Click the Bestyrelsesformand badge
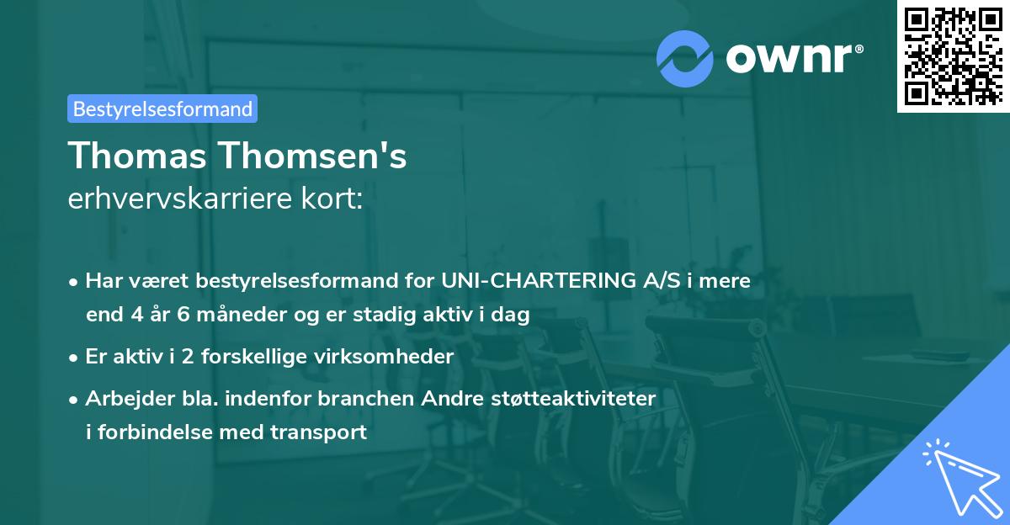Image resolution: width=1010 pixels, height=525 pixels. pyautogui.click(x=162, y=109)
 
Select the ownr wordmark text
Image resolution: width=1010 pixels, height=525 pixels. pyautogui.click(x=792, y=59)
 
